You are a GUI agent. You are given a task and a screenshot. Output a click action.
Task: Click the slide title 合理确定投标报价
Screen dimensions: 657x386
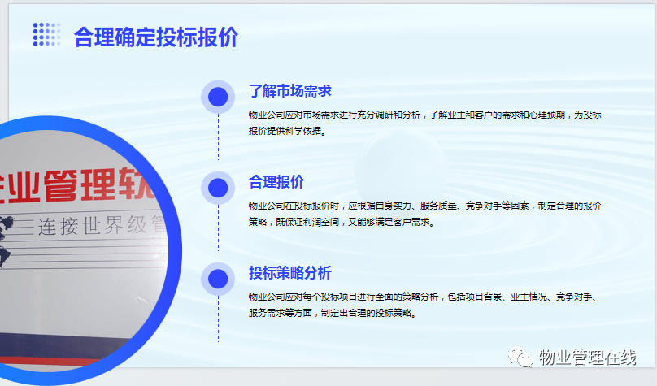tap(156, 37)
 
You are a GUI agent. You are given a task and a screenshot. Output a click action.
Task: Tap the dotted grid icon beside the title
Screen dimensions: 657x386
tap(46, 34)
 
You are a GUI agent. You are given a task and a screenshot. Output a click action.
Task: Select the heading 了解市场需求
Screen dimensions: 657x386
tap(290, 91)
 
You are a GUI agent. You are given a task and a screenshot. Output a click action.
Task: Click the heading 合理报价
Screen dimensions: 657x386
tap(276, 182)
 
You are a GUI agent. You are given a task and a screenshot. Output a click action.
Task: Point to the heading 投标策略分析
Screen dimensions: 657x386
tap(290, 272)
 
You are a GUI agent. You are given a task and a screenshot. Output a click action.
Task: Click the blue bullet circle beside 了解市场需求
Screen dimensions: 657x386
tap(218, 97)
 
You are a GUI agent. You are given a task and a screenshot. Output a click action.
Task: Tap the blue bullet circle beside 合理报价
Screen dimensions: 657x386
tap(218, 188)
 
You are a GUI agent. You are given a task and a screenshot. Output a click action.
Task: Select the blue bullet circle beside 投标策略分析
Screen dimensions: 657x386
tap(218, 279)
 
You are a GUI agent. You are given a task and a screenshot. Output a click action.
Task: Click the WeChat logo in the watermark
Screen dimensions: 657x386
tap(520, 357)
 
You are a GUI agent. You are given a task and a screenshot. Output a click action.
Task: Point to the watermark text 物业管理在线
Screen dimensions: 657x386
tap(587, 358)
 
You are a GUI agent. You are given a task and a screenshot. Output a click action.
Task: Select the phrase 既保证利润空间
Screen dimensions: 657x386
tap(307, 222)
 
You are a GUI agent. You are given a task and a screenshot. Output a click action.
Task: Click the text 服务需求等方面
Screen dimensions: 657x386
tap(281, 313)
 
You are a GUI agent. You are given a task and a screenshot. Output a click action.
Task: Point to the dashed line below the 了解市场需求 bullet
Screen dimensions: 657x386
tap(218, 137)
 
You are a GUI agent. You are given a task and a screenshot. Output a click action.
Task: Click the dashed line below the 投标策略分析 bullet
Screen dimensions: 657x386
tap(218, 319)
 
